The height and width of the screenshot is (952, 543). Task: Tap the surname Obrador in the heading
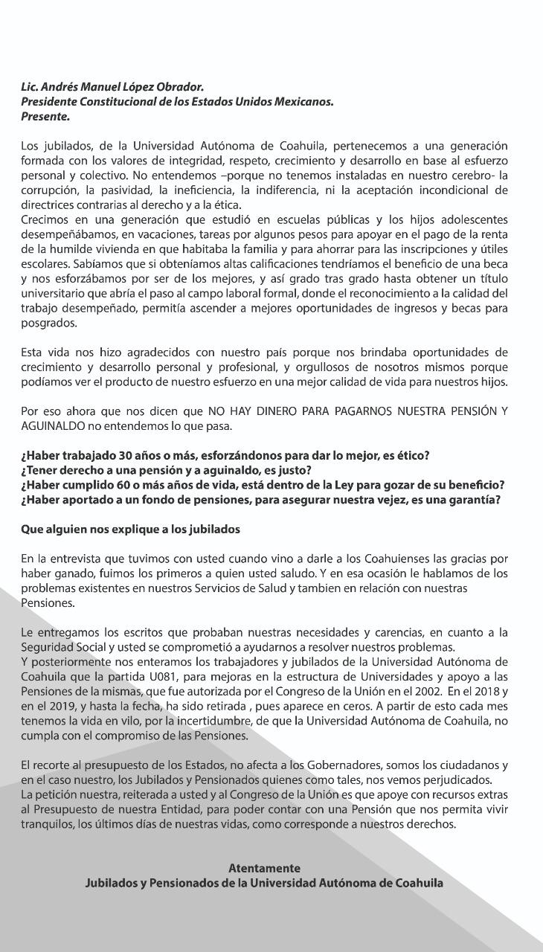point(179,87)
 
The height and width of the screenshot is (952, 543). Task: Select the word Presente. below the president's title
point(45,117)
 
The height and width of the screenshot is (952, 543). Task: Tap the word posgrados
point(50,324)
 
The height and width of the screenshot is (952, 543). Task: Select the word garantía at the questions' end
point(471,500)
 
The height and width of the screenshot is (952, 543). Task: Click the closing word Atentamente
point(264,868)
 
